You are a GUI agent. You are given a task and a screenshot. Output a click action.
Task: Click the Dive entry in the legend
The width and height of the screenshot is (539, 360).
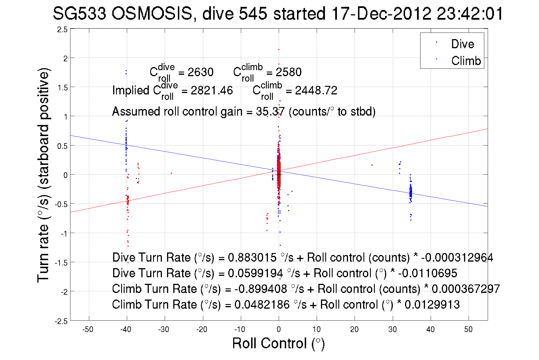click(x=462, y=44)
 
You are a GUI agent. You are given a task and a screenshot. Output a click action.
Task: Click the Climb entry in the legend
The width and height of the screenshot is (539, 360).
click(x=466, y=61)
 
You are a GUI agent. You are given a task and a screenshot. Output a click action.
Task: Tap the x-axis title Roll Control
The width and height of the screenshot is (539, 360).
click(x=278, y=343)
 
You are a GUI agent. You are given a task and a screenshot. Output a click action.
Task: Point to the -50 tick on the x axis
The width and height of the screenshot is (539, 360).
click(x=88, y=329)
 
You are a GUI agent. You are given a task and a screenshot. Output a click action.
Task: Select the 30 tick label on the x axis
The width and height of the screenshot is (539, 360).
click(x=392, y=329)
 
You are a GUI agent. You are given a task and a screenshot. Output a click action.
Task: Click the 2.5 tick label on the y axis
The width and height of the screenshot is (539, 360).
click(x=62, y=30)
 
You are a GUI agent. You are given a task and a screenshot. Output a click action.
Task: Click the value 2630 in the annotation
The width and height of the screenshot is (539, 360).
click(x=200, y=72)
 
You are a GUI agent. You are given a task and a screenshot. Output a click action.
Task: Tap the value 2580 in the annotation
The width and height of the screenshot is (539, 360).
click(x=288, y=72)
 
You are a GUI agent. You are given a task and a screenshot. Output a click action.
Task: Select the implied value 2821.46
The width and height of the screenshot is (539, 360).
click(x=211, y=90)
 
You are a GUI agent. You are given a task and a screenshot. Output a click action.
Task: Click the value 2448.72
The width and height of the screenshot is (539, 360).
click(x=316, y=90)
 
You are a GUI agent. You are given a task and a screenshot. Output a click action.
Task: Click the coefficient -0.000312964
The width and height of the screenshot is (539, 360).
click(x=457, y=258)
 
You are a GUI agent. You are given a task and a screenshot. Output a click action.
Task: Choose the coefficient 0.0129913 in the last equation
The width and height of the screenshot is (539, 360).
click(x=432, y=305)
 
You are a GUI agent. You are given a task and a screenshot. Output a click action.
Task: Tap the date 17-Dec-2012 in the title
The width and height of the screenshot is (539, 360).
click(x=381, y=13)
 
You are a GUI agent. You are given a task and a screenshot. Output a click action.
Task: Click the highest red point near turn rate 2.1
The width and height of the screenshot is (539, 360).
click(x=279, y=49)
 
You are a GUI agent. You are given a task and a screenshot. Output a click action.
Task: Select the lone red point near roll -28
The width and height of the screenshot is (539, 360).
click(x=171, y=173)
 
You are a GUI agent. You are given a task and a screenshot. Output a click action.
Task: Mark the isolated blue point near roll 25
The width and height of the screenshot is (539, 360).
click(x=372, y=165)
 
